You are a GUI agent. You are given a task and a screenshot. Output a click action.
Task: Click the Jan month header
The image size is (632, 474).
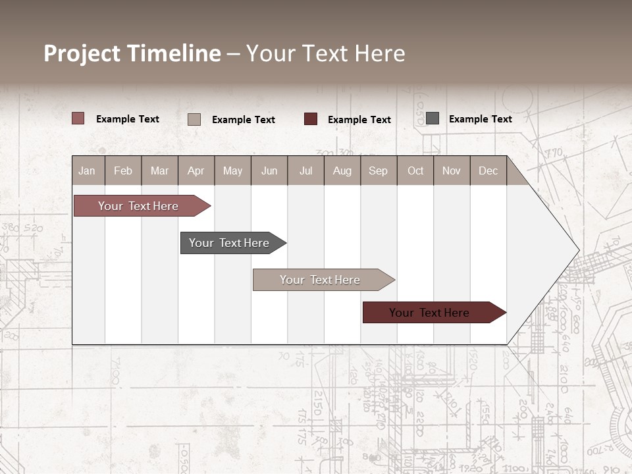point(87,171)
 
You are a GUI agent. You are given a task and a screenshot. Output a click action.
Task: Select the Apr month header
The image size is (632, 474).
point(196,171)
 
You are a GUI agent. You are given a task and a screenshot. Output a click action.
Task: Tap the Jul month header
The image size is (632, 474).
point(305,171)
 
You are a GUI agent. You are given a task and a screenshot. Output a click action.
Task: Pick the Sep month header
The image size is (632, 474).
point(378,171)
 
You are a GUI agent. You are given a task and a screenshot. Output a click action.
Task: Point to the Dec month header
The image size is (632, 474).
point(488,171)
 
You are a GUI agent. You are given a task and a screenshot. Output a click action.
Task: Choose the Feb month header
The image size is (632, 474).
point(123,171)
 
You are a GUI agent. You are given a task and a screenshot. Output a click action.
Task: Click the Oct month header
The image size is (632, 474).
point(415,171)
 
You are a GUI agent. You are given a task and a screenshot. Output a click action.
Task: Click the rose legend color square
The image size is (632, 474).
point(78,118)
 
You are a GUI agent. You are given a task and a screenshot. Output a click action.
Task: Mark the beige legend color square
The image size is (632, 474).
point(194,119)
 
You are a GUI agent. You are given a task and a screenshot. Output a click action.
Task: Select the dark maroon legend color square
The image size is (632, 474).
point(311,119)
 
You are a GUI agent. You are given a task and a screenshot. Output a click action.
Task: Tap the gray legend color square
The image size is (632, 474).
point(433,118)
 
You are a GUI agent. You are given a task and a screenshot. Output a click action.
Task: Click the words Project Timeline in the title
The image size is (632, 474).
point(132,53)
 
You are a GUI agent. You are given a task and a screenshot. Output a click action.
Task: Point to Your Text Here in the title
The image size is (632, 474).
point(325,53)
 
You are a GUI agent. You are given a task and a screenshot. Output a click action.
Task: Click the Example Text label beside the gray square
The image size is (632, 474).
point(480,119)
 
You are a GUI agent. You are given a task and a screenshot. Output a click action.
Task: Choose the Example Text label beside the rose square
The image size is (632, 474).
point(128,119)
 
